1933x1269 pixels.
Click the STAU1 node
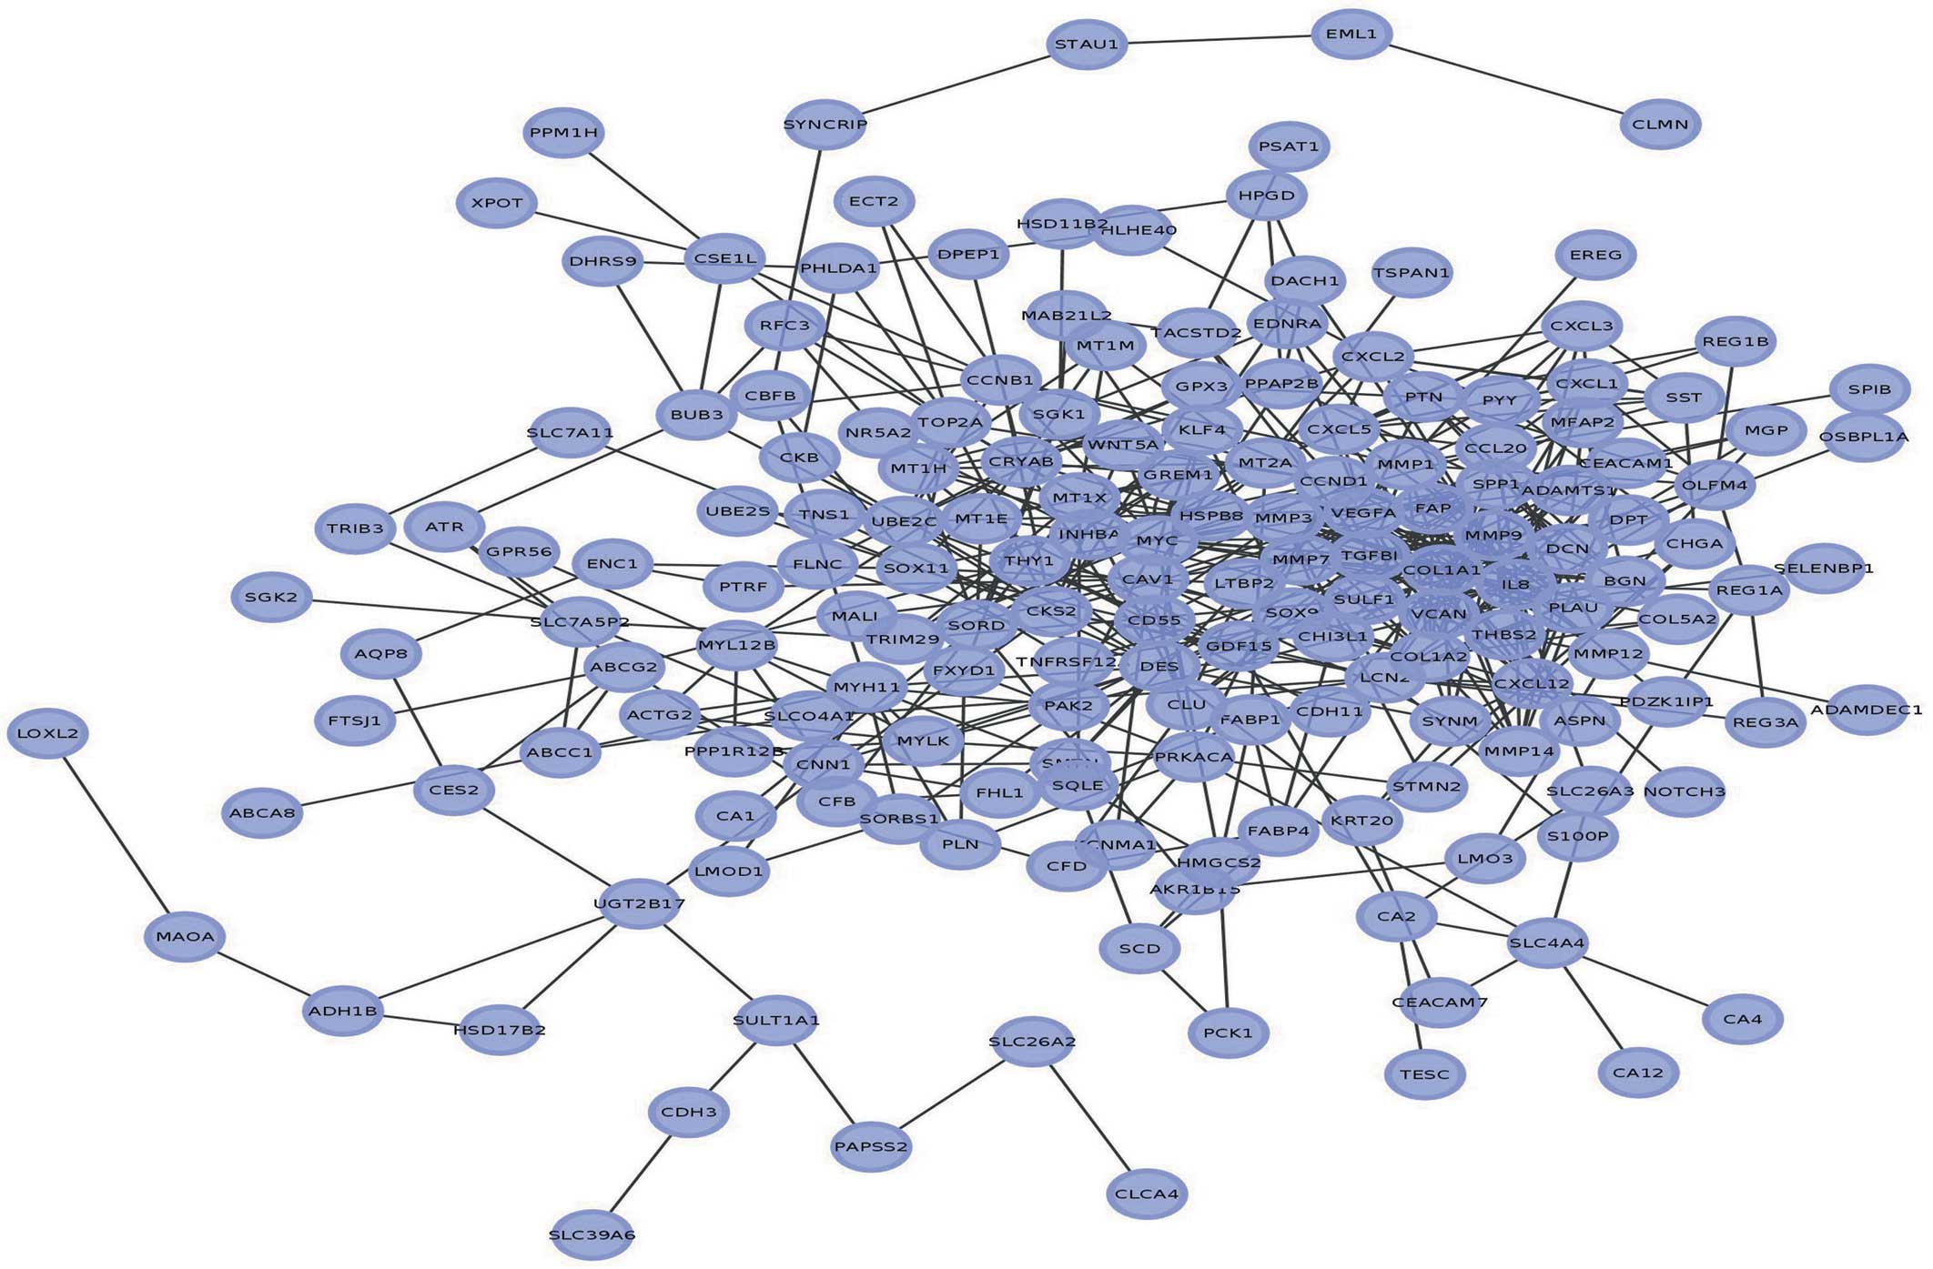pyautogui.click(x=1086, y=44)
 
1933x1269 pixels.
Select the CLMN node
pyautogui.click(x=1660, y=124)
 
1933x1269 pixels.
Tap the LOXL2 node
pyautogui.click(x=48, y=733)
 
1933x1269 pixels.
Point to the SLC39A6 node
pyautogui.click(x=592, y=1234)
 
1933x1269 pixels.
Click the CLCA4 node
pyautogui.click(x=1147, y=1193)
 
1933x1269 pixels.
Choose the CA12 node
pyautogui.click(x=1638, y=1073)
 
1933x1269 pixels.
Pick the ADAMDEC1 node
pyautogui.click(x=1866, y=710)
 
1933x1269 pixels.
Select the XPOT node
pyautogui.click(x=497, y=203)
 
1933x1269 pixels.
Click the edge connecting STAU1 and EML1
pyautogui.click(x=1220, y=39)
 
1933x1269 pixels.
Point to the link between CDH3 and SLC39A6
pyautogui.click(x=641, y=1173)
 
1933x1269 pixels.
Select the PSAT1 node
pyautogui.click(x=1288, y=146)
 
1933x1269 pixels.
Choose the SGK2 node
pyautogui.click(x=271, y=597)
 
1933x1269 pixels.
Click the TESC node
pyautogui.click(x=1424, y=1074)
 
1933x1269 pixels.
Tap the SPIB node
pyautogui.click(x=1869, y=389)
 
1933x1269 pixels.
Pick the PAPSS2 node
pyautogui.click(x=871, y=1146)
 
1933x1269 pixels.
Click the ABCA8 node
pyautogui.click(x=263, y=812)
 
